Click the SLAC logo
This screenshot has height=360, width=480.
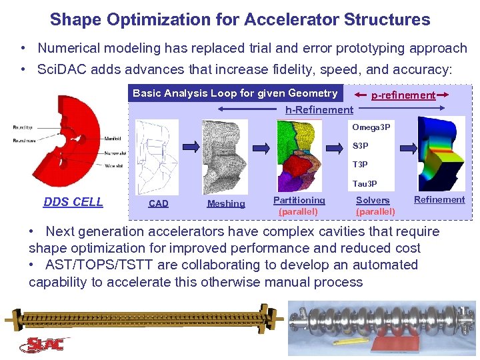pos(45,345)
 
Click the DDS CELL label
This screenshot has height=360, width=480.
pos(73,202)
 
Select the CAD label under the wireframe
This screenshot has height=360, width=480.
pos(159,203)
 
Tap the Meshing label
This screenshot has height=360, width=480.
pos(226,203)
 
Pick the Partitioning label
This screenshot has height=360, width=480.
pos(299,200)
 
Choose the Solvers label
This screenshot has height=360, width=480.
pos(373,200)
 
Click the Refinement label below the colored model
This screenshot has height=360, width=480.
pos(439,199)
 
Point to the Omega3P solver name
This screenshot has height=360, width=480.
pos(371,127)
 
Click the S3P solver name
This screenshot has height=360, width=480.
pos(361,145)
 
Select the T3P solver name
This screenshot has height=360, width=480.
pos(360,164)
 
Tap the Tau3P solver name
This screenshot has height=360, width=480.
pos(364,183)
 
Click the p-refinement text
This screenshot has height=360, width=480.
pos(403,95)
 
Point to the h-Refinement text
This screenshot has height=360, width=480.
pos(319,109)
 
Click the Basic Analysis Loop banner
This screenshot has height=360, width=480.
pos(235,93)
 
